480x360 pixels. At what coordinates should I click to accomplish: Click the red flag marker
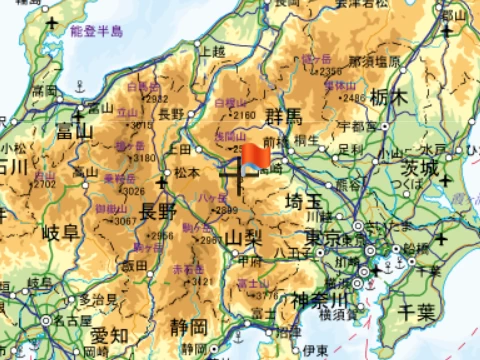click(x=251, y=158)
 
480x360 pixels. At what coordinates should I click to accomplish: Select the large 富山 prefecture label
click(x=75, y=129)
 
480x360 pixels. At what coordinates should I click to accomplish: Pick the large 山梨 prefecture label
click(x=243, y=238)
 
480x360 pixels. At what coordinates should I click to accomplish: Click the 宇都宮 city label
click(x=356, y=126)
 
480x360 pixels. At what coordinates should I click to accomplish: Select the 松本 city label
click(x=187, y=172)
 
